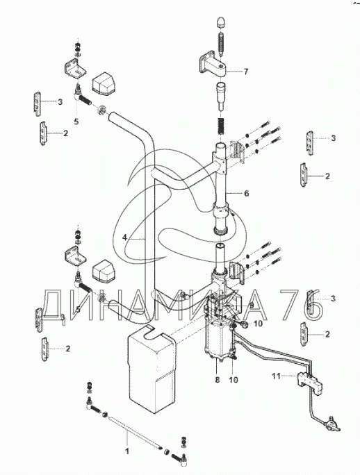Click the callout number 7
tap(245, 72)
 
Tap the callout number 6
tap(246, 193)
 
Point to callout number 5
tap(76, 122)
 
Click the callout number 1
tap(127, 451)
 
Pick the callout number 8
tap(217, 380)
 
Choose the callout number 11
tap(276, 376)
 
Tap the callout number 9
tap(252, 304)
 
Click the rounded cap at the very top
tap(221, 23)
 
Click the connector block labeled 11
tap(309, 382)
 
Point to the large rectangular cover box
tap(152, 369)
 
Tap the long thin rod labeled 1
tap(133, 433)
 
